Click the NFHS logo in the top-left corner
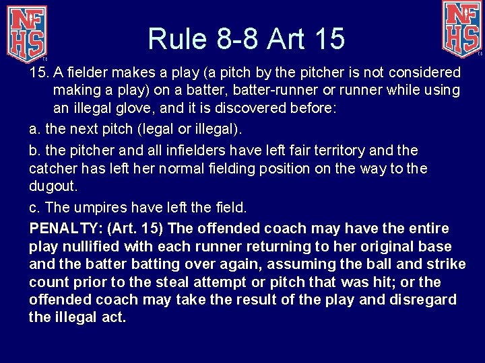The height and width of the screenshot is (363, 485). (27, 30)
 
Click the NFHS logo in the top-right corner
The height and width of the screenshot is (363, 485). (461, 28)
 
